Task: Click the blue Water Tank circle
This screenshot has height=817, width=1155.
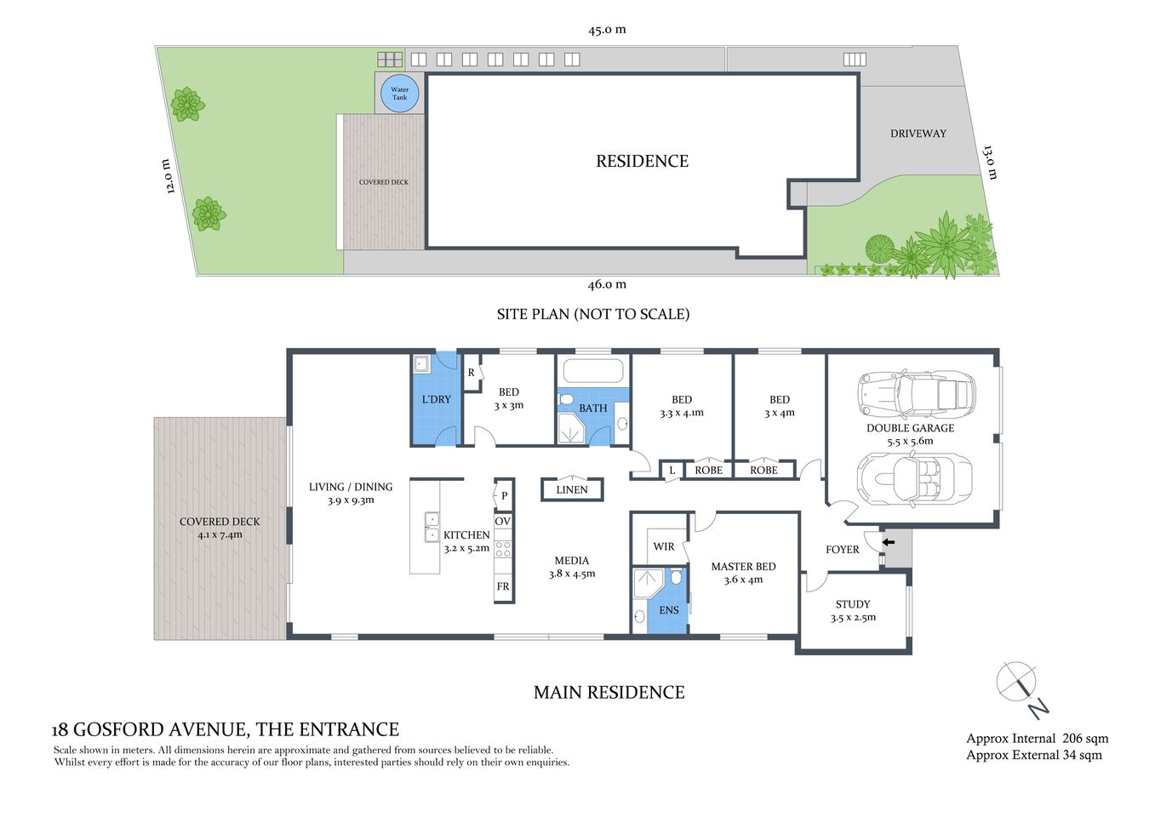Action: [x=399, y=94]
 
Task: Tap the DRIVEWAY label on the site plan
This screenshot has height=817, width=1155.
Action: [x=918, y=134]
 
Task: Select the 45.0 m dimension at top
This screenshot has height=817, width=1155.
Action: [x=607, y=30]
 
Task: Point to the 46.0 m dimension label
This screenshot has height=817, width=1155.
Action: [x=607, y=284]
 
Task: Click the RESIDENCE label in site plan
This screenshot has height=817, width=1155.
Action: [x=642, y=161]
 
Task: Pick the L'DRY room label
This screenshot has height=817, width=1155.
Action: [x=437, y=399]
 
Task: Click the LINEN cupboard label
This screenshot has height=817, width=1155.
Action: [x=572, y=489]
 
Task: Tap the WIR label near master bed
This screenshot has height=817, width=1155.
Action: [x=664, y=546]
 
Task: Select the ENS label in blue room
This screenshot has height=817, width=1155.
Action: [x=669, y=610]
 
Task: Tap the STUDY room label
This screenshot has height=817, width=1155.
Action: [x=853, y=604]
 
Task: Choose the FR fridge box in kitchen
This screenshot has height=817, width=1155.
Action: [x=503, y=586]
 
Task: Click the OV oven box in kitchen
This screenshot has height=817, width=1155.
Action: [x=503, y=521]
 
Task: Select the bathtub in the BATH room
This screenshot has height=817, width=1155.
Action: [x=593, y=372]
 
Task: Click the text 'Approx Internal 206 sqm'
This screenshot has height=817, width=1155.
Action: [x=1037, y=739]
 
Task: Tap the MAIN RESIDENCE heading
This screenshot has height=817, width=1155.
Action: [x=609, y=693]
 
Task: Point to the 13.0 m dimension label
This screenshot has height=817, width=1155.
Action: [x=989, y=162]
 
